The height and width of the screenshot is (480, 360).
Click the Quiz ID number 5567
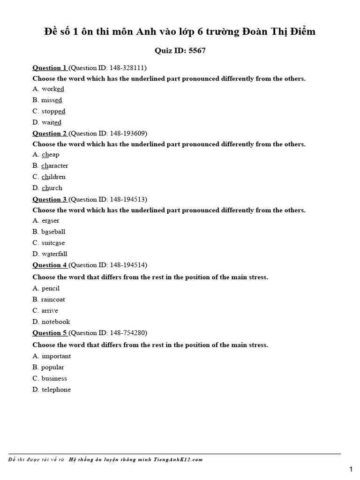pos(197,51)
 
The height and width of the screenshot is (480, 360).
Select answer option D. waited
pos(47,122)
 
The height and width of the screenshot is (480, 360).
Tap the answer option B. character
pos(50,165)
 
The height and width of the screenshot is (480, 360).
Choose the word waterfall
pos(54,254)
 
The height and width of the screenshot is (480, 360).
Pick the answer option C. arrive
pos(45,310)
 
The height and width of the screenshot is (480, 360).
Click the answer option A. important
pos(52,356)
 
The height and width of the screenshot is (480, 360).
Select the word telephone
pos(56,390)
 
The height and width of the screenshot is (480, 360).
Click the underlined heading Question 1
pos(50,67)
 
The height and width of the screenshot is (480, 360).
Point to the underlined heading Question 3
pos(50,199)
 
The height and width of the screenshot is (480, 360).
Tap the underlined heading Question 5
pos(50,333)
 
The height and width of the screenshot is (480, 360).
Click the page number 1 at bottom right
pos(351,469)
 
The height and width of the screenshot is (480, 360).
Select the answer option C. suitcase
pos(49,243)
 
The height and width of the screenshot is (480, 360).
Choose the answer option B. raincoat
pos(49,299)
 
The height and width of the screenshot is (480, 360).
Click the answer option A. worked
pos(48,89)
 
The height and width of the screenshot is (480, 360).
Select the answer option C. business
pos(50,378)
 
